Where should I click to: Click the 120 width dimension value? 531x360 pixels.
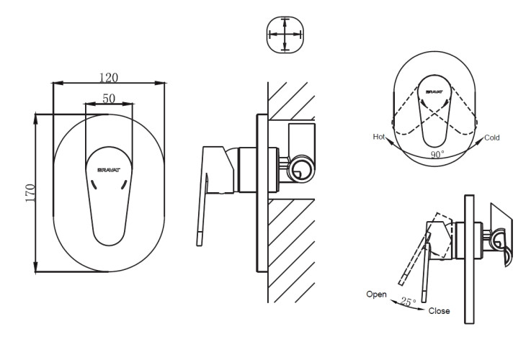click(109, 77)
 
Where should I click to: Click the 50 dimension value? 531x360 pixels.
click(109, 99)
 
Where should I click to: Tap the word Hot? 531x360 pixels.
click(379, 136)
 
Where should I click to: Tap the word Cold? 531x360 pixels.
click(492, 137)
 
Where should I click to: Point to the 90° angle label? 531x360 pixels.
click(437, 154)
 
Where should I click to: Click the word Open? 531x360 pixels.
click(376, 294)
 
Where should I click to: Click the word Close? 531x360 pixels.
click(439, 311)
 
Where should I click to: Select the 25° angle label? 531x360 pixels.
click(409, 303)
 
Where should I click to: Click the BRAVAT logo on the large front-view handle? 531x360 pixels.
click(110, 170)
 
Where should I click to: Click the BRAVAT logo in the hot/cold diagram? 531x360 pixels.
click(434, 92)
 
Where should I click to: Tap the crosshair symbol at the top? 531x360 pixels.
click(285, 34)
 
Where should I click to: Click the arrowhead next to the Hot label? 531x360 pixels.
click(390, 141)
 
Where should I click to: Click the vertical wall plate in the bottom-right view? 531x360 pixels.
click(468, 259)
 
